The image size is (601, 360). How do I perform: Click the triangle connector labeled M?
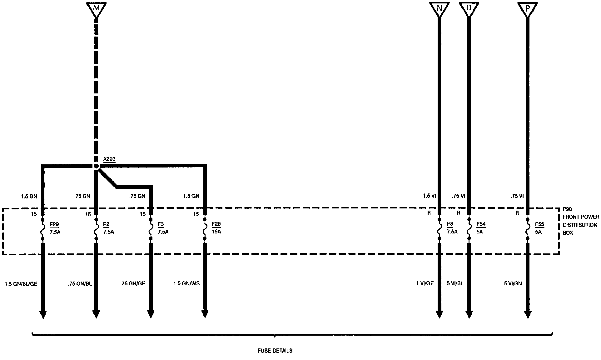96,9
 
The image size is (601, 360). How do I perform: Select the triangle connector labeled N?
439,9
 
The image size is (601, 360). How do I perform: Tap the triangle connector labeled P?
528,9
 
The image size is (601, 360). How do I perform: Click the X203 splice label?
109,159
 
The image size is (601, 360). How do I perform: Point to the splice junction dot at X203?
97,167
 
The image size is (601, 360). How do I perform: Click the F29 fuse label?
54,224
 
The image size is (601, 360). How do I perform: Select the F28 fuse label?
216,224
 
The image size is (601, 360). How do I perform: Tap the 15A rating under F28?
216,232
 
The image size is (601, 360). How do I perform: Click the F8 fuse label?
450,224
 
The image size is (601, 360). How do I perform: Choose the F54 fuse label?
481,224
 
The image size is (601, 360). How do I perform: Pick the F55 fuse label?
539,224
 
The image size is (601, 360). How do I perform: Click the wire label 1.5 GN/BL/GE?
21,284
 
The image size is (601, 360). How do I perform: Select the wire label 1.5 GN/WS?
186,284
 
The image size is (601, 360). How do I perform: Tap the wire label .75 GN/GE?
132,284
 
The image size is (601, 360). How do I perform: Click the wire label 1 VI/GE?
425,284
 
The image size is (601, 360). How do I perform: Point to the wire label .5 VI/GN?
512,284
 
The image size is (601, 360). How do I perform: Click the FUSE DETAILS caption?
275,351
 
